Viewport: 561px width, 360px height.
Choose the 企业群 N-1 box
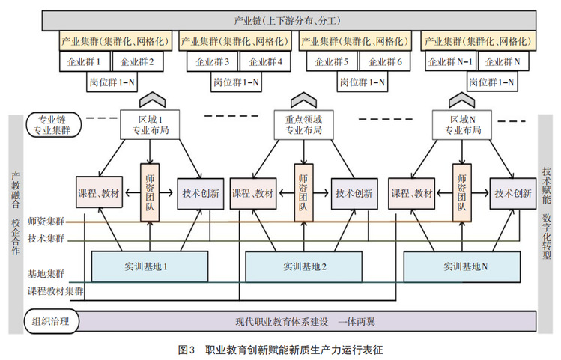(x=449, y=61)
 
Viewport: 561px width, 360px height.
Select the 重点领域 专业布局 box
(x=304, y=124)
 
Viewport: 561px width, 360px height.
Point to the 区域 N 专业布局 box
(x=460, y=124)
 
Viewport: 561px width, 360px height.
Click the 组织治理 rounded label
(x=51, y=322)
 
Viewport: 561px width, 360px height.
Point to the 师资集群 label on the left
(x=46, y=221)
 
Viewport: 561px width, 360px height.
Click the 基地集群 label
(x=46, y=274)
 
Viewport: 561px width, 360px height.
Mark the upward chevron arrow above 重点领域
(x=304, y=100)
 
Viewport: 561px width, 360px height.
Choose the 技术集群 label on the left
(x=46, y=239)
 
